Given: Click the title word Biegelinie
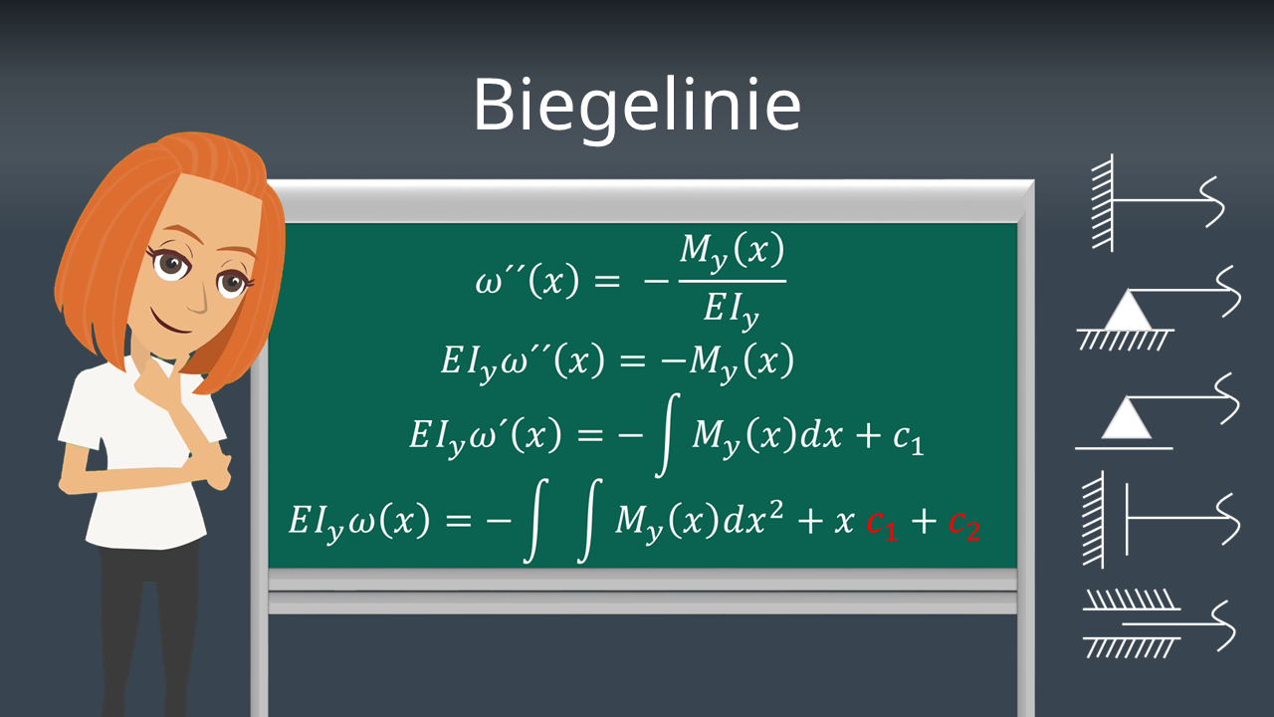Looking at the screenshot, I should (636, 105).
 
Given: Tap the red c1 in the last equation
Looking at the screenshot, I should (882, 524).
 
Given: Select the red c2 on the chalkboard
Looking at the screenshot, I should (963, 524).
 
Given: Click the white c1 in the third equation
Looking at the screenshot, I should (907, 438).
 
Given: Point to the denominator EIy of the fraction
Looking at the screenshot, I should (732, 309).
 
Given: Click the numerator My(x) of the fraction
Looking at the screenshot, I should (732, 252).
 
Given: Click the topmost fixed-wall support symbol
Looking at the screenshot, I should (1155, 201).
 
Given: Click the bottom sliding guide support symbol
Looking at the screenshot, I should (1155, 623).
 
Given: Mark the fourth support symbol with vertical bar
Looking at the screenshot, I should (1155, 518).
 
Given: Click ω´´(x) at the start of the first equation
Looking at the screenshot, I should (527, 282).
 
